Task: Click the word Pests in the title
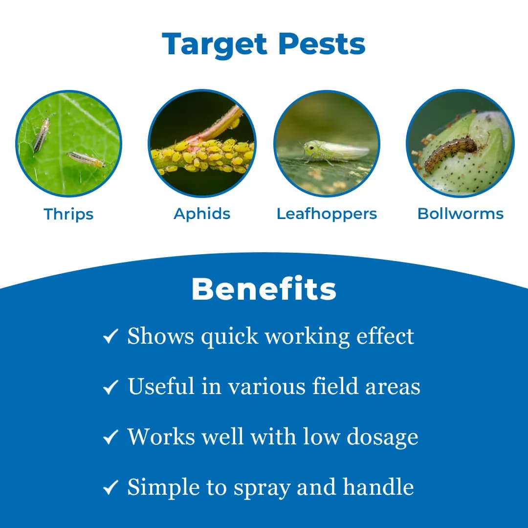coord(322,44)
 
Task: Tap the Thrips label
coord(68,214)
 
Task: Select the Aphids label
coord(202,214)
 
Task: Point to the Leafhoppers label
coord(327,214)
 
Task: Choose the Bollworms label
coord(460,214)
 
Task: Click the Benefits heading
coord(264,289)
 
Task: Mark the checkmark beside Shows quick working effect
coord(110,336)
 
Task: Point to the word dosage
coord(382,437)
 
